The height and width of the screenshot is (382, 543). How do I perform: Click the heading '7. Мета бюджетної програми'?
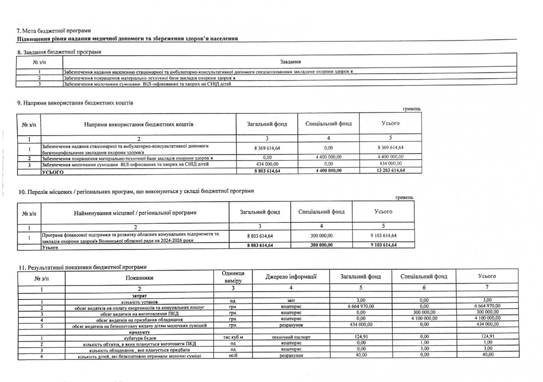pos(53,30)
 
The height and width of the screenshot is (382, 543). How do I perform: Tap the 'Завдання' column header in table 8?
pos(291,61)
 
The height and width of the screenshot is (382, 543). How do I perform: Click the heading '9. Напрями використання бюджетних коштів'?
pos(75,104)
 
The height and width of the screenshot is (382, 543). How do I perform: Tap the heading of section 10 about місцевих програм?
pos(135,191)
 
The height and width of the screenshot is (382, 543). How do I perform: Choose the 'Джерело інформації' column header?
pos(291,276)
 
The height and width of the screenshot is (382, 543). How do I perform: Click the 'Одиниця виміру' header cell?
pos(233,277)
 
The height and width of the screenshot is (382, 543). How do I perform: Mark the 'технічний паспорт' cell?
pos(291,337)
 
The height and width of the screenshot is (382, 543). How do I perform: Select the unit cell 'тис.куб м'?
pos(233,337)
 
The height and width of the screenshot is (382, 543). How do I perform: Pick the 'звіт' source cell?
pos(291,301)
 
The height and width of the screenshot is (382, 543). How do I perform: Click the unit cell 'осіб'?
pos(233,356)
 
